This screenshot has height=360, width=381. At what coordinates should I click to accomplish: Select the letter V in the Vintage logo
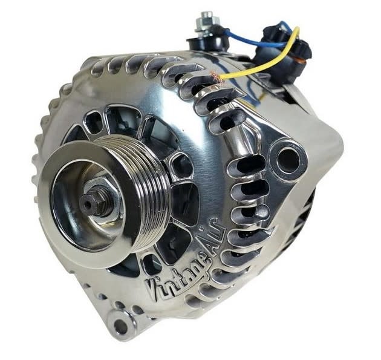(x=154, y=290)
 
